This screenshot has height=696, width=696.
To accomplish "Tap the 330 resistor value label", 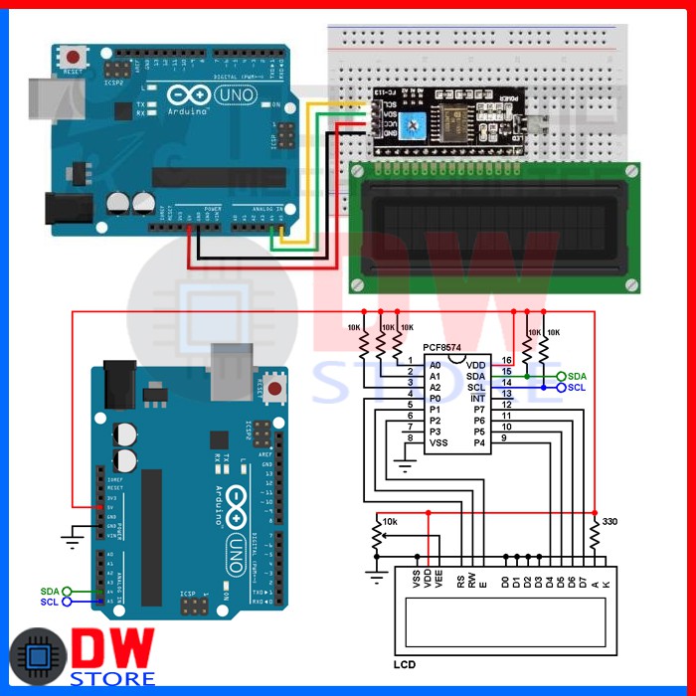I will [x=609, y=521].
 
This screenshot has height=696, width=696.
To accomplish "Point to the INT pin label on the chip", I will [x=477, y=397].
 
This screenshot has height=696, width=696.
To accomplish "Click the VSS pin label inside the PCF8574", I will [x=437, y=442].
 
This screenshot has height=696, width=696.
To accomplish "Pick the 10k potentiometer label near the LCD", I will [x=390, y=521].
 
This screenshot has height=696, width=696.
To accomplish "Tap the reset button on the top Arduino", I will [x=73, y=56].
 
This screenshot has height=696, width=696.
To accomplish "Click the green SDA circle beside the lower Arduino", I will [x=68, y=591].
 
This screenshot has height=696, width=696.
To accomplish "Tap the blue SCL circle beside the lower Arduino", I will [x=68, y=602].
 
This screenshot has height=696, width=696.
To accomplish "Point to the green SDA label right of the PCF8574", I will [x=577, y=376].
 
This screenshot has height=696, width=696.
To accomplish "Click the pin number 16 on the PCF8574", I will [x=506, y=360].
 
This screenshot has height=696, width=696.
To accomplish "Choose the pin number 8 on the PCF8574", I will [x=409, y=438].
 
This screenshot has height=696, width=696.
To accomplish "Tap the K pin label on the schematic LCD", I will [x=606, y=576].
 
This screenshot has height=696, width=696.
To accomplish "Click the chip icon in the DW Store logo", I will [x=37, y=656].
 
